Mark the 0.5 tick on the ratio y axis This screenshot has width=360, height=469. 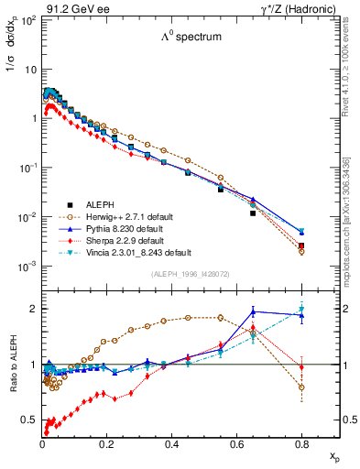[x=27, y=420]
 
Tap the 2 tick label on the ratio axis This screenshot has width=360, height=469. [x=32, y=309]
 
